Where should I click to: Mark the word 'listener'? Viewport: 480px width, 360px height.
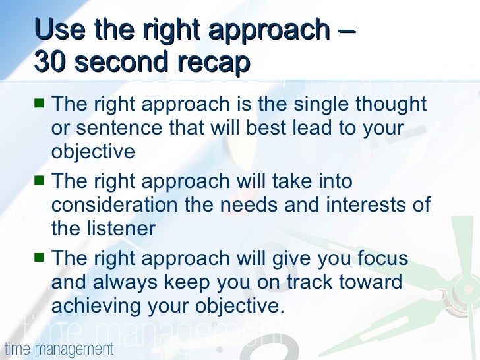click(121, 228)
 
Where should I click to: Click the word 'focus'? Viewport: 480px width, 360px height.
click(380, 258)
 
